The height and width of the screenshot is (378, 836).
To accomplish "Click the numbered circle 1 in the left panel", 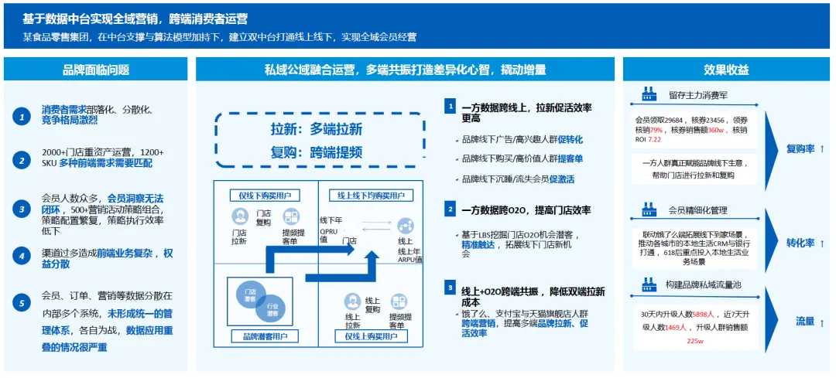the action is click(x=22, y=116).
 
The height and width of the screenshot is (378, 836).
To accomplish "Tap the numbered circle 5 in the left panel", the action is click(x=22, y=303).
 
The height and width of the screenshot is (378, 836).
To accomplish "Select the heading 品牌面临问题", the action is click(x=96, y=70).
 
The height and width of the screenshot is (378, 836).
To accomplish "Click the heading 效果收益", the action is click(x=726, y=70).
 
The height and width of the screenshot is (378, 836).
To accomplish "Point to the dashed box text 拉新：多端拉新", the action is click(x=317, y=129).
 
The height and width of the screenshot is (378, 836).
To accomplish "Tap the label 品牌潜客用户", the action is click(x=265, y=336).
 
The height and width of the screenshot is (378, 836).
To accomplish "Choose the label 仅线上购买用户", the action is click(x=372, y=336).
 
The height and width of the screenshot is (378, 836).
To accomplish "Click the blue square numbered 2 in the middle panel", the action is click(x=450, y=209).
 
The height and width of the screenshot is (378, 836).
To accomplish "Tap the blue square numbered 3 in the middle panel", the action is click(x=450, y=288).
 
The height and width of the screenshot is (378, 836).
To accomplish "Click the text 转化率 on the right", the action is click(x=805, y=243).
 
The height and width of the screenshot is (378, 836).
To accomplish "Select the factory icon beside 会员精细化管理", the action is click(x=649, y=209).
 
